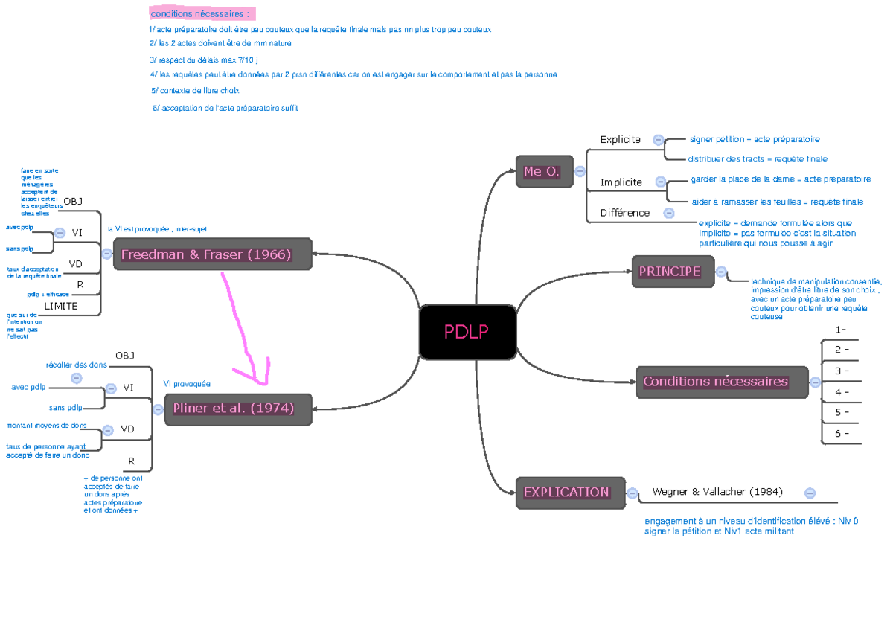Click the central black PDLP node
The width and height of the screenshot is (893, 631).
click(x=467, y=332)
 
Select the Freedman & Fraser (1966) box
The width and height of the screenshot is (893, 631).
click(x=213, y=254)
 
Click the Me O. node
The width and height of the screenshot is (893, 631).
click(x=544, y=172)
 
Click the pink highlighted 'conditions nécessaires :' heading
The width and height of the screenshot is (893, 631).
click(x=201, y=14)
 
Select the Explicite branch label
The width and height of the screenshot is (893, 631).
click(x=620, y=139)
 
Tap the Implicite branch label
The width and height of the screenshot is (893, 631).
click(x=621, y=182)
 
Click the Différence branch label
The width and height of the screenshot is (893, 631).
click(x=625, y=213)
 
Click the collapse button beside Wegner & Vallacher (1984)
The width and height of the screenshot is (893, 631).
click(x=810, y=493)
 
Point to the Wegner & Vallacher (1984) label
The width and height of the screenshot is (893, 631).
click(x=717, y=492)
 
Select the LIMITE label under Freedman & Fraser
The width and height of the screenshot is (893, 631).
click(x=61, y=306)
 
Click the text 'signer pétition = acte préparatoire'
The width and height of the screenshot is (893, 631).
click(x=754, y=139)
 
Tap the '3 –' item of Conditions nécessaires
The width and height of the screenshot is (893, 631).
click(x=842, y=371)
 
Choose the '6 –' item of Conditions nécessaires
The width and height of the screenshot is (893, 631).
click(x=842, y=434)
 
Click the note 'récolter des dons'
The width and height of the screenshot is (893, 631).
click(x=76, y=365)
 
